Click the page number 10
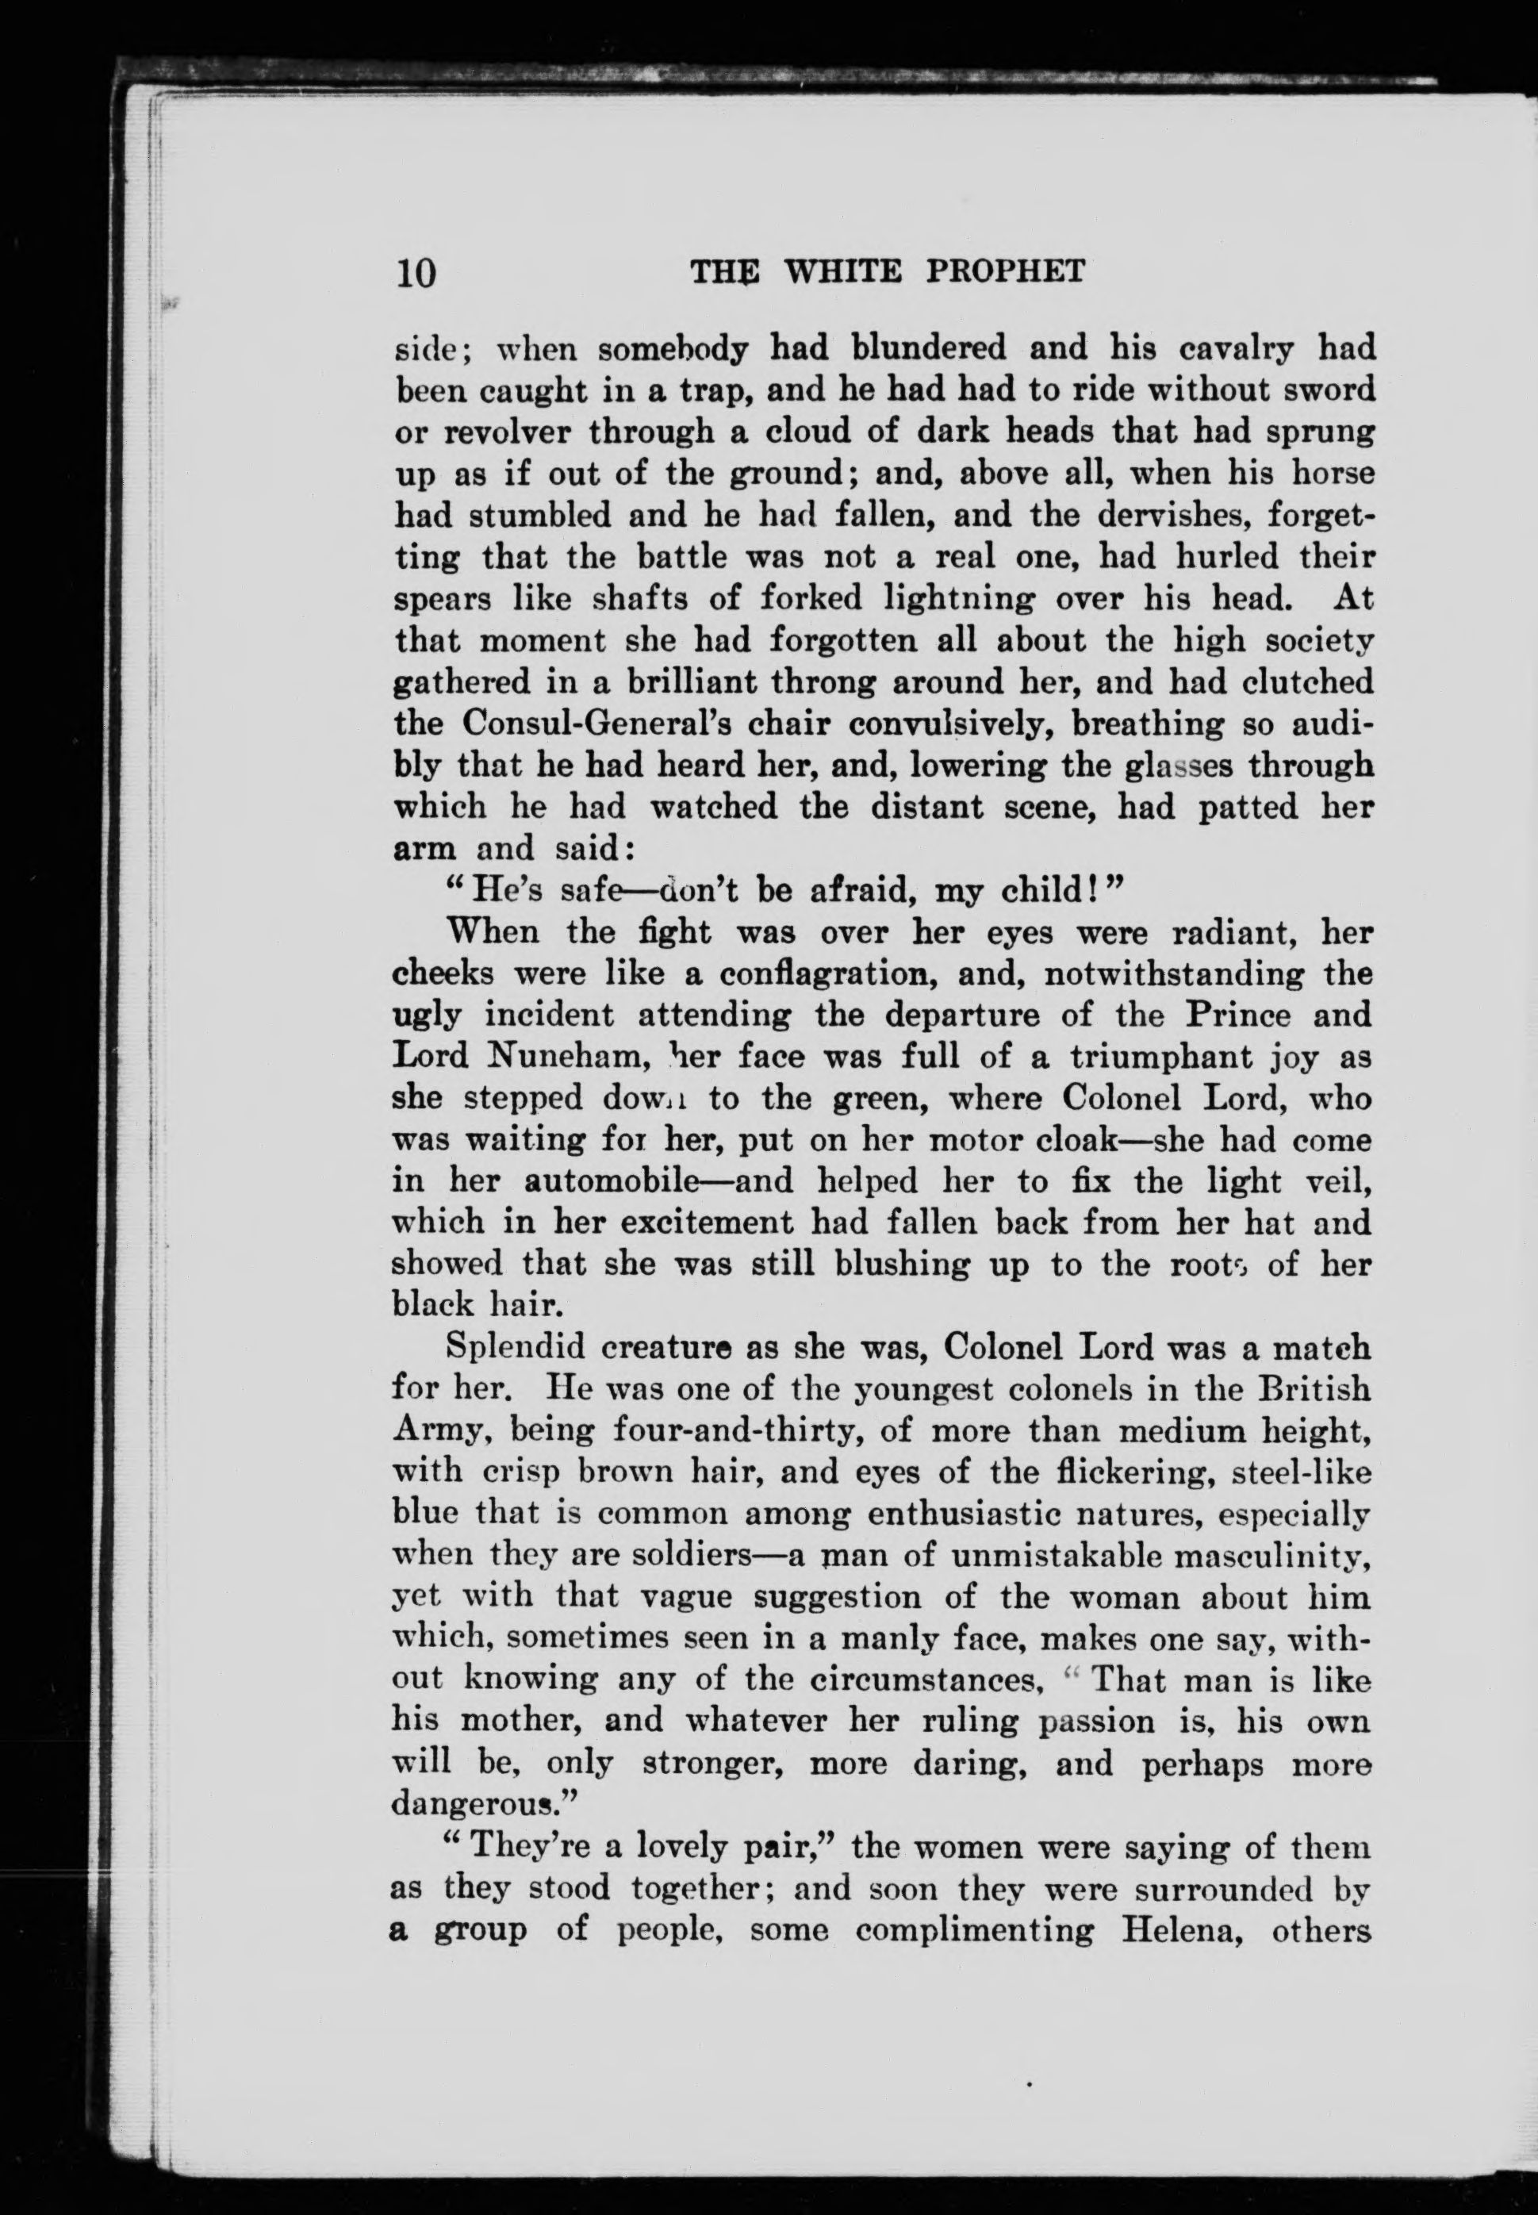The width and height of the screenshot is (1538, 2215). pyautogui.click(x=416, y=273)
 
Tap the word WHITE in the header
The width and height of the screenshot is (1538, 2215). pyautogui.click(x=842, y=272)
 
